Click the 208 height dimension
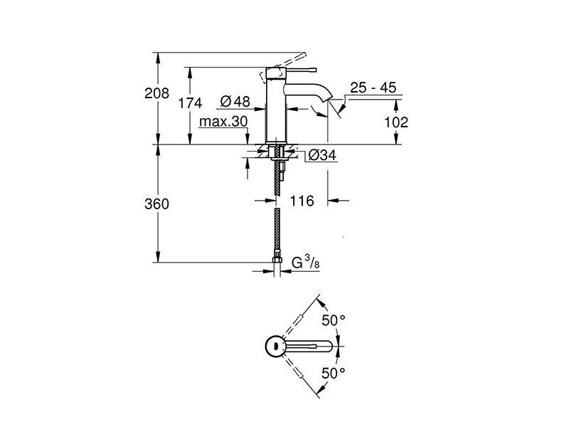pos(156,93)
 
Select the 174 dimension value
pos(190,103)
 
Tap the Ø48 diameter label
pos(235,101)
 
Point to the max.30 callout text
pos(223,121)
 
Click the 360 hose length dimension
pos(156,204)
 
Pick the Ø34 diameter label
pos(322,155)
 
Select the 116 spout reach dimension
pos(302,201)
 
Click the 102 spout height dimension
pos(396,122)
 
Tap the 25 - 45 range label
pos(373,88)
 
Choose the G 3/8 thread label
pos(306,262)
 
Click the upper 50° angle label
pos(334,320)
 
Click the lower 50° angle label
pos(334,373)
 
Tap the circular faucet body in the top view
pos(277,346)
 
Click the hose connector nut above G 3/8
pos(277,260)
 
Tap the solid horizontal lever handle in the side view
pos(302,69)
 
